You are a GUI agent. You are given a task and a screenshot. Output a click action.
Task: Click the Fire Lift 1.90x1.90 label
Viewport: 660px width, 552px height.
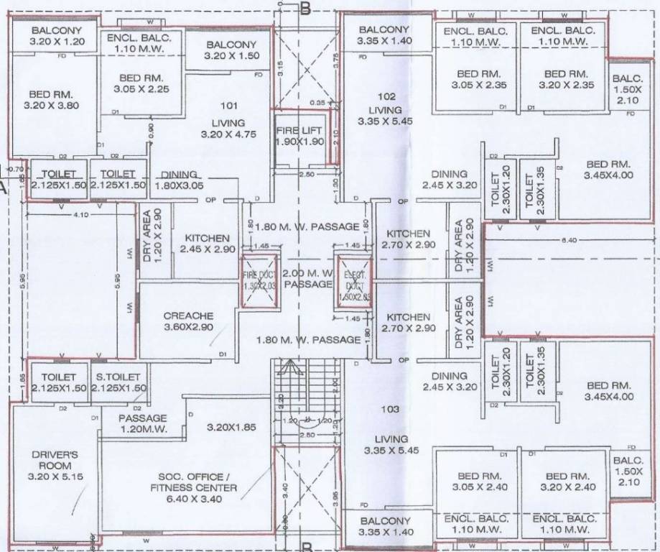click(300, 136)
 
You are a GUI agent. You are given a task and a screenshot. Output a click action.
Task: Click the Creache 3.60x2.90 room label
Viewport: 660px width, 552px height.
click(188, 321)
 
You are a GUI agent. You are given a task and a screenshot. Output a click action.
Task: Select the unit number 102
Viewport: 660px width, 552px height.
click(386, 96)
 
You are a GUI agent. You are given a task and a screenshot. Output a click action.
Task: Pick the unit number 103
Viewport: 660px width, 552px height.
click(390, 409)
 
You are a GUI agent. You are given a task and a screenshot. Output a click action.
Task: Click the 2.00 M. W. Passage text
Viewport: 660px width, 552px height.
click(307, 279)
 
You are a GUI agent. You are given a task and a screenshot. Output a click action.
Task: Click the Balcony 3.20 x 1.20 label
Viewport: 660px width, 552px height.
click(56, 36)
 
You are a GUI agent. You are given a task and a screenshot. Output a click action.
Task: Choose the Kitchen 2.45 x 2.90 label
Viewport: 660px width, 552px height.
click(207, 244)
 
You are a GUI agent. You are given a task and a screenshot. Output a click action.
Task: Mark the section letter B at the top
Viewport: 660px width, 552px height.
click(305, 9)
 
